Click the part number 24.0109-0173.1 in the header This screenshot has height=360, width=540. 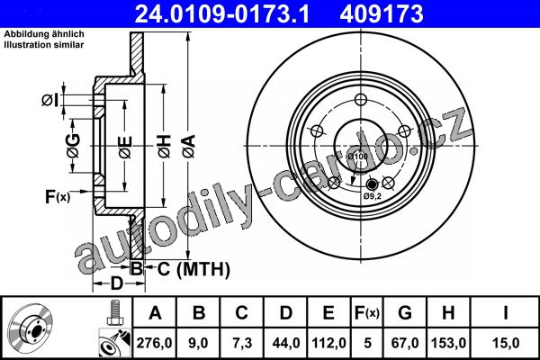[x=222, y=13]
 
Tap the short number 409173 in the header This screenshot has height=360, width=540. [x=382, y=13]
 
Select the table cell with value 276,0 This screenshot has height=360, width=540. [x=154, y=343]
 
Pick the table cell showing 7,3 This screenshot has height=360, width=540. [x=242, y=343]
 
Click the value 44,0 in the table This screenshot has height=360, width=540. [x=286, y=343]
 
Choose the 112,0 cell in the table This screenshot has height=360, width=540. [x=328, y=343]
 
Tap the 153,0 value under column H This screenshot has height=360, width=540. [x=448, y=343]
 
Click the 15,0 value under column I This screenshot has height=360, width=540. [x=506, y=343]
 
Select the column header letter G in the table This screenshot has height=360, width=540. [x=405, y=313]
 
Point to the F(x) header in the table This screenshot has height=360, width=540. [x=367, y=313]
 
